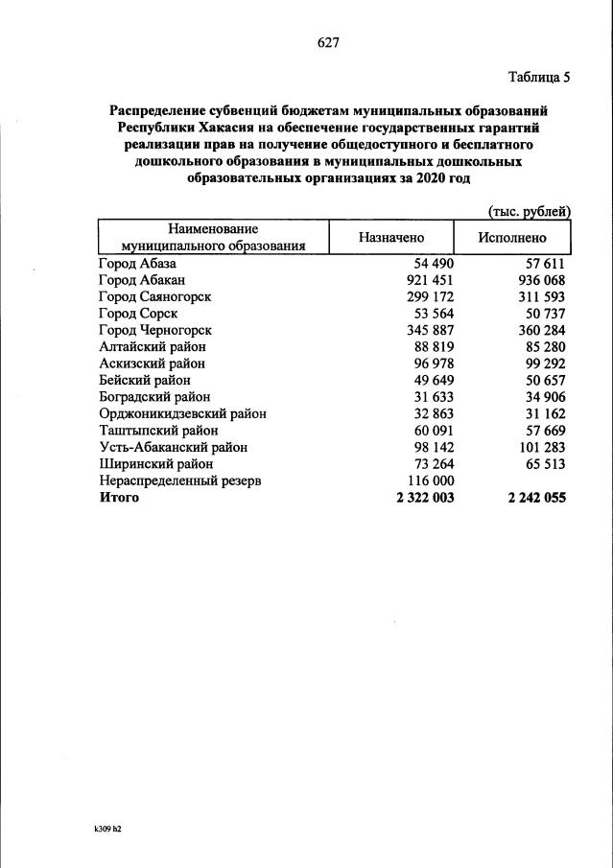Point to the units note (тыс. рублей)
(x=530, y=210)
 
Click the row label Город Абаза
(x=138, y=263)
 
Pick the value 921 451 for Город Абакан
(x=428, y=280)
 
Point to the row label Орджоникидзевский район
(x=182, y=413)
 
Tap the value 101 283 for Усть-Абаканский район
(x=539, y=447)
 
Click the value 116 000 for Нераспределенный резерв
(x=428, y=481)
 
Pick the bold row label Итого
(x=119, y=498)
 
